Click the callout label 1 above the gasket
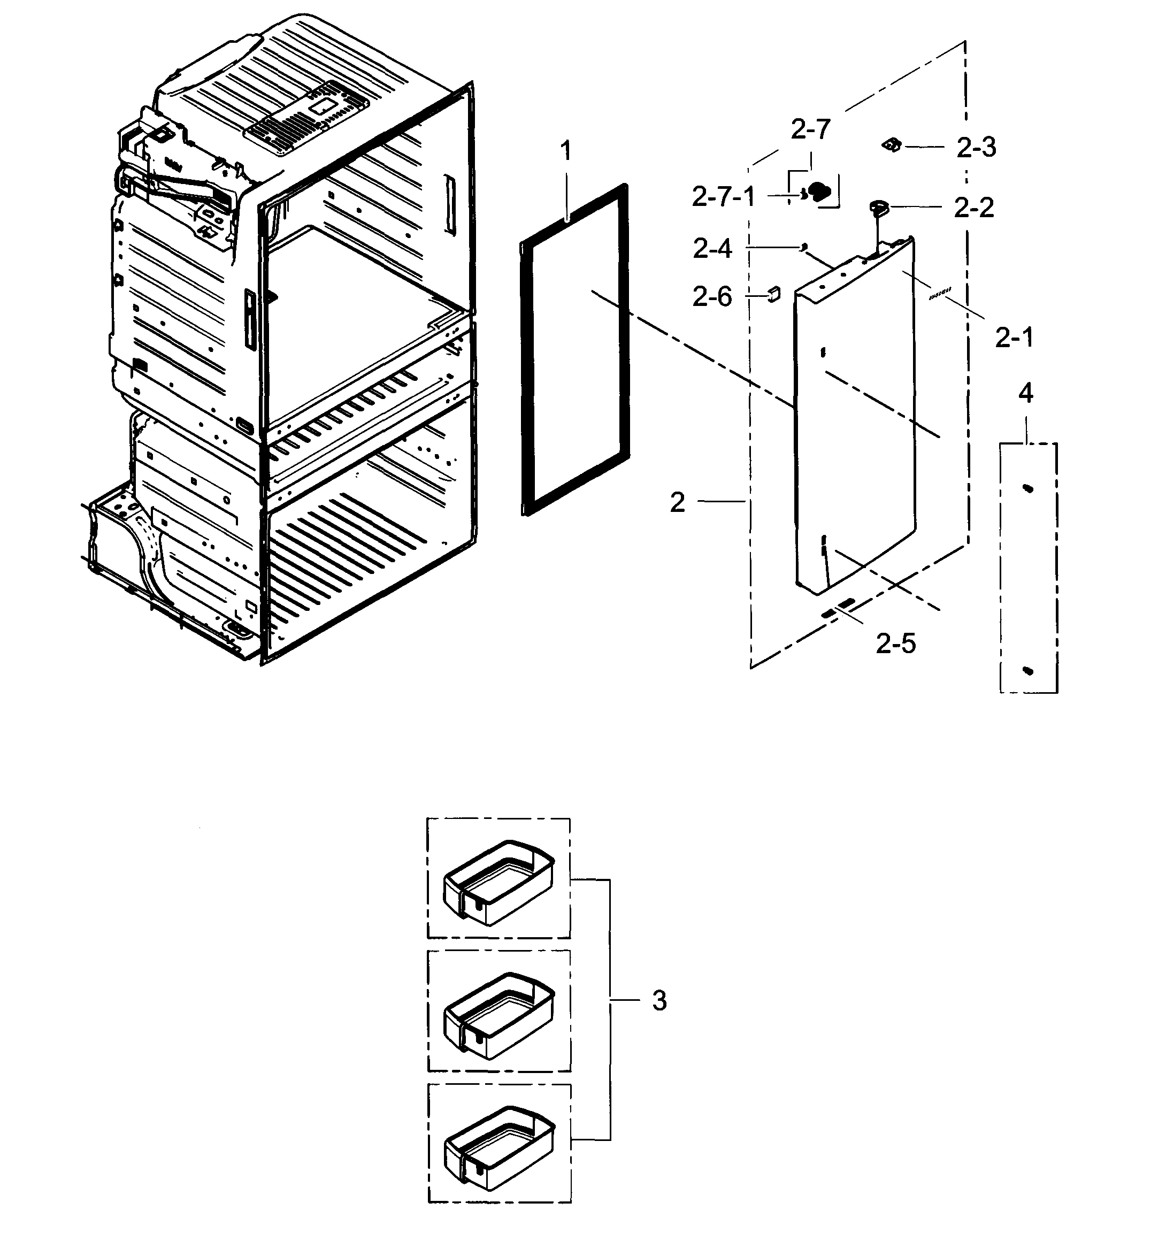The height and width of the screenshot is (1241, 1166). pos(565,152)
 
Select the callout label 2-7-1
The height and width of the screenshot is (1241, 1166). pos(724,197)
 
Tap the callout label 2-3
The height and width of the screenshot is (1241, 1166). pos(976,148)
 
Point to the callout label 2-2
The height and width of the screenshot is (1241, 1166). pos(974,208)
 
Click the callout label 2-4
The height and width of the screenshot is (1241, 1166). pos(712,249)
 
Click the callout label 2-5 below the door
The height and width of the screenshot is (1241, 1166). pos(895,644)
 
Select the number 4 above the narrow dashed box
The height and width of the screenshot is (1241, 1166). pos(1025,393)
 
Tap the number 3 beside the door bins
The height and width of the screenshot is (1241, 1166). pos(659,1001)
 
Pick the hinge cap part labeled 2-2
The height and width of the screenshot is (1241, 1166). pos(879,206)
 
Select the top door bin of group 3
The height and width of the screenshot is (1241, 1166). pos(498,882)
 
